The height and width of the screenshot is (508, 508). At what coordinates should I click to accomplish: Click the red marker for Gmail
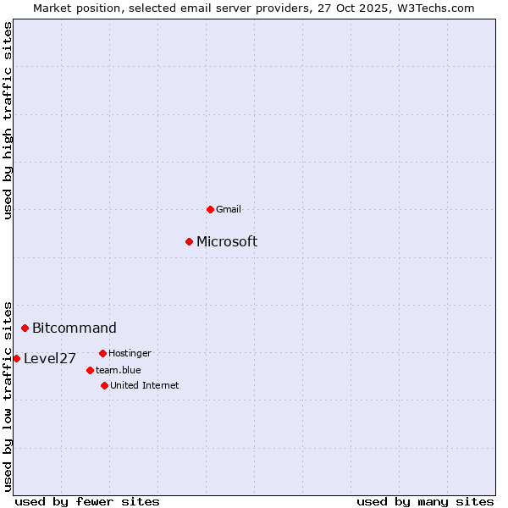pos(210,209)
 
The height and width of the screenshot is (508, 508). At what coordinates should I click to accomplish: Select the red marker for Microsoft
pos(189,241)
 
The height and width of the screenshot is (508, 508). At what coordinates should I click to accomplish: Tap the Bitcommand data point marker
pos(25,328)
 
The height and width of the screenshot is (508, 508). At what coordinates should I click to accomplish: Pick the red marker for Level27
pos(16,358)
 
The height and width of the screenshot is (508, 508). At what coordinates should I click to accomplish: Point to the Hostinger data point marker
pos(102,353)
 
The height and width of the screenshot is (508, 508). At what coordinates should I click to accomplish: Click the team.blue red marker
pos(90,370)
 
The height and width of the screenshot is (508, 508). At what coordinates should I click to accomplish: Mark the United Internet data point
pos(104,385)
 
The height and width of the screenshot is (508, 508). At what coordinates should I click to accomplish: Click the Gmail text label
pos(229,209)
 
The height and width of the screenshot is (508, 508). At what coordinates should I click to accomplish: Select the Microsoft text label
pos(227,242)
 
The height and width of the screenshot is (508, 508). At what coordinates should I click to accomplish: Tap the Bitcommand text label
pos(75,329)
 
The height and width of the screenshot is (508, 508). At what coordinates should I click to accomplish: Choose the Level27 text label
pos(50,359)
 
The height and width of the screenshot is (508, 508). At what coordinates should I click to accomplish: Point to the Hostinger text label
pos(130,353)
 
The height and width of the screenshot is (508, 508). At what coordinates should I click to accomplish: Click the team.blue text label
pos(118,370)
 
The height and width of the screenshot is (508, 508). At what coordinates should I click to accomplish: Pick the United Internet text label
pos(144,385)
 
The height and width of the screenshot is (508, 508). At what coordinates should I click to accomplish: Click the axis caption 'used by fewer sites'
pos(87,501)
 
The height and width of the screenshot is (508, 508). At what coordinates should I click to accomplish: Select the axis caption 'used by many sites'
pos(425,501)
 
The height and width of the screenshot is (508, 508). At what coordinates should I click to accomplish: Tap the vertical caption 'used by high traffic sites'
pos(8,120)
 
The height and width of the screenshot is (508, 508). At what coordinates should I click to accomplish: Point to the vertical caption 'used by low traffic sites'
pos(8,395)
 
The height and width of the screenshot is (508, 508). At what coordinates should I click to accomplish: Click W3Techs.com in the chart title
pos(433,8)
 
